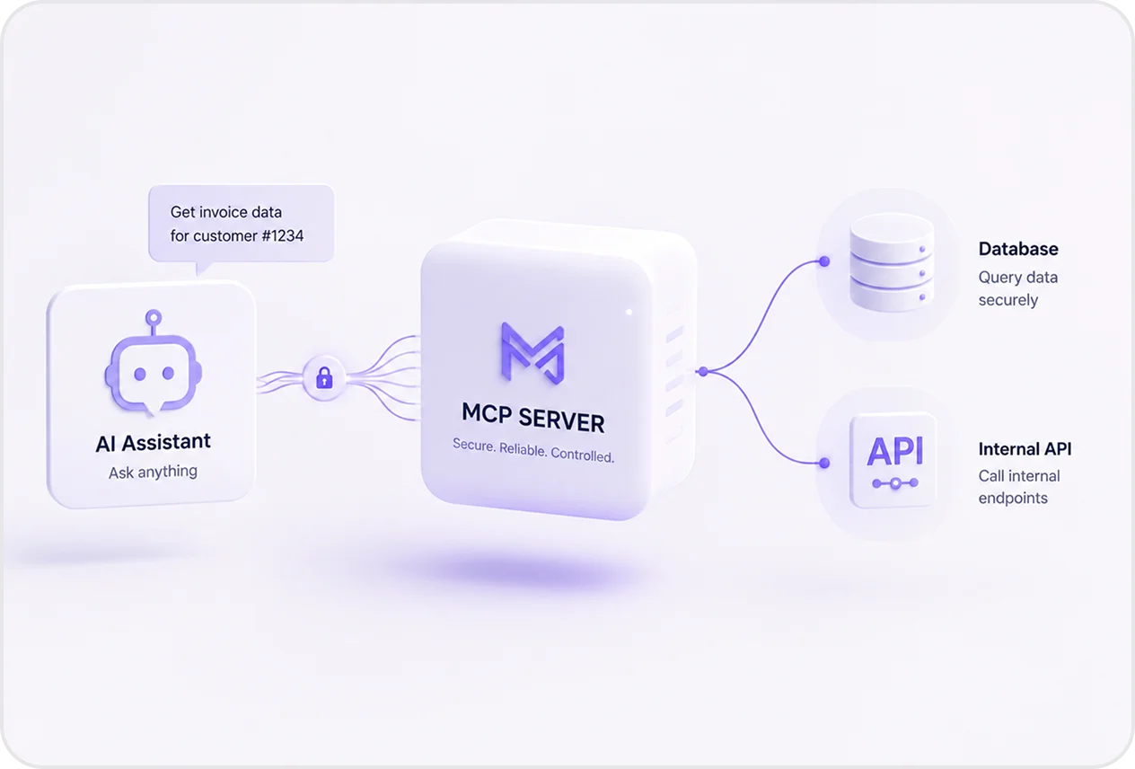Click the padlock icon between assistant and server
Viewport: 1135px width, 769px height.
[x=324, y=377]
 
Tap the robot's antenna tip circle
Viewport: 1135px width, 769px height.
[x=154, y=318]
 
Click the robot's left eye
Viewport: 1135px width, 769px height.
[x=140, y=374]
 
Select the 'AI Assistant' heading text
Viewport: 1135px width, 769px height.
[x=153, y=443]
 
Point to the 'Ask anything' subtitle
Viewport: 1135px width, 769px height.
[x=153, y=472]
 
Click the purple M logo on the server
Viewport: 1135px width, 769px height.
[x=532, y=353]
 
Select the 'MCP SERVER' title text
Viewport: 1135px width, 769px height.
[x=533, y=419]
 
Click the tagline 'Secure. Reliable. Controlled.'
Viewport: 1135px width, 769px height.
[x=533, y=450]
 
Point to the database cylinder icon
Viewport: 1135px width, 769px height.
[x=892, y=262]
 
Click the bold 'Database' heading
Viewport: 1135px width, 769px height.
[x=1018, y=249]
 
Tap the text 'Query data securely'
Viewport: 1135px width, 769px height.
[x=1018, y=288]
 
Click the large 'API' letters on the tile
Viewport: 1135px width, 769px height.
[x=895, y=451]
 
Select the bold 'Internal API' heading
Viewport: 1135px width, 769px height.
[x=1025, y=449]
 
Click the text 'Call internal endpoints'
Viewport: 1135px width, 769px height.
[x=1019, y=487]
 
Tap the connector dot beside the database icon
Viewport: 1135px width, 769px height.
[x=824, y=261]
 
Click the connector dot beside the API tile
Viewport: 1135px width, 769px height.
[x=824, y=463]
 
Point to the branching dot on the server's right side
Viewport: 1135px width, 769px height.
[x=703, y=372]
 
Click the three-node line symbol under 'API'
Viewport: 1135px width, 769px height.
[x=895, y=483]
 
